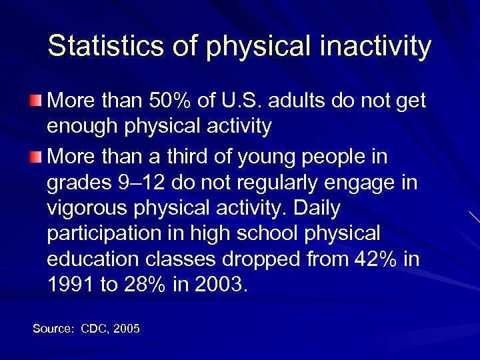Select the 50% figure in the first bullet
click(x=169, y=101)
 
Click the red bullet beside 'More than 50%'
click(x=35, y=101)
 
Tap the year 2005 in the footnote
click(x=128, y=329)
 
